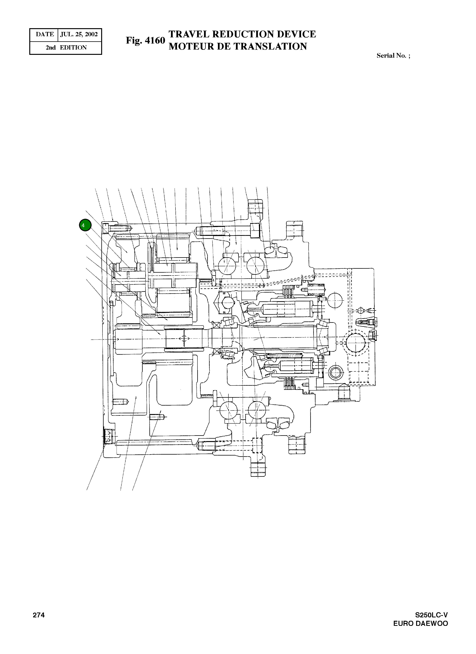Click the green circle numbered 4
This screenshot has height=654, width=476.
pos(85,225)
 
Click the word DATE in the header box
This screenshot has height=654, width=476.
pos(45,34)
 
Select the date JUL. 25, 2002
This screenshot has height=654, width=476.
pos(79,34)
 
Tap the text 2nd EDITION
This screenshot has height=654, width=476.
pos(66,48)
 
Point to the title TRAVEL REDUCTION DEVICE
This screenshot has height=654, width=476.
pos(242,34)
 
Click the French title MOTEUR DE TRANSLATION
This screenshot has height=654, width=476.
pos(238,46)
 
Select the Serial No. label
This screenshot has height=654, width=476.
pos(393,56)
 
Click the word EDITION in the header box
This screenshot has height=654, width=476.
pos(73,48)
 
